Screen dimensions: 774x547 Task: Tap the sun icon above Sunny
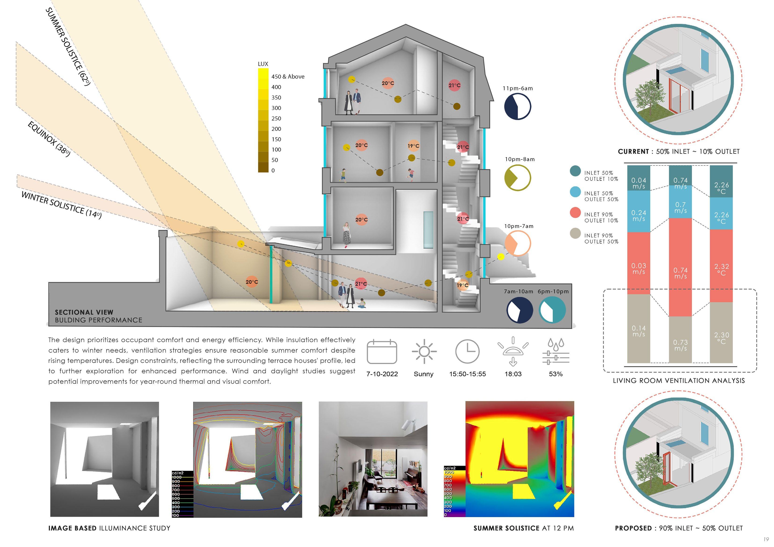pos(424,351)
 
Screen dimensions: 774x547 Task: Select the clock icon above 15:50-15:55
pos(467,351)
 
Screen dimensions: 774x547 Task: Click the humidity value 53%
pos(555,374)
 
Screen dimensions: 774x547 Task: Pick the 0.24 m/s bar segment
pos(639,216)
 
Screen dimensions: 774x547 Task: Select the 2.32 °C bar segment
pos(721,269)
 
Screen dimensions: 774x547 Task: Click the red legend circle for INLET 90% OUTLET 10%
pos(575,213)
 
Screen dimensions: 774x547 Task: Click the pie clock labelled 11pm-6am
pos(518,106)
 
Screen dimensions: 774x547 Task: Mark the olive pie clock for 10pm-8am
pos(518,178)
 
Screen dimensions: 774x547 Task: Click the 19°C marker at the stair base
pos(463,285)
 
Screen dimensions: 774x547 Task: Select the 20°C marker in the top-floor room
pos(388,83)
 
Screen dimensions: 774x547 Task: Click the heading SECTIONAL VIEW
pos(84,312)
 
